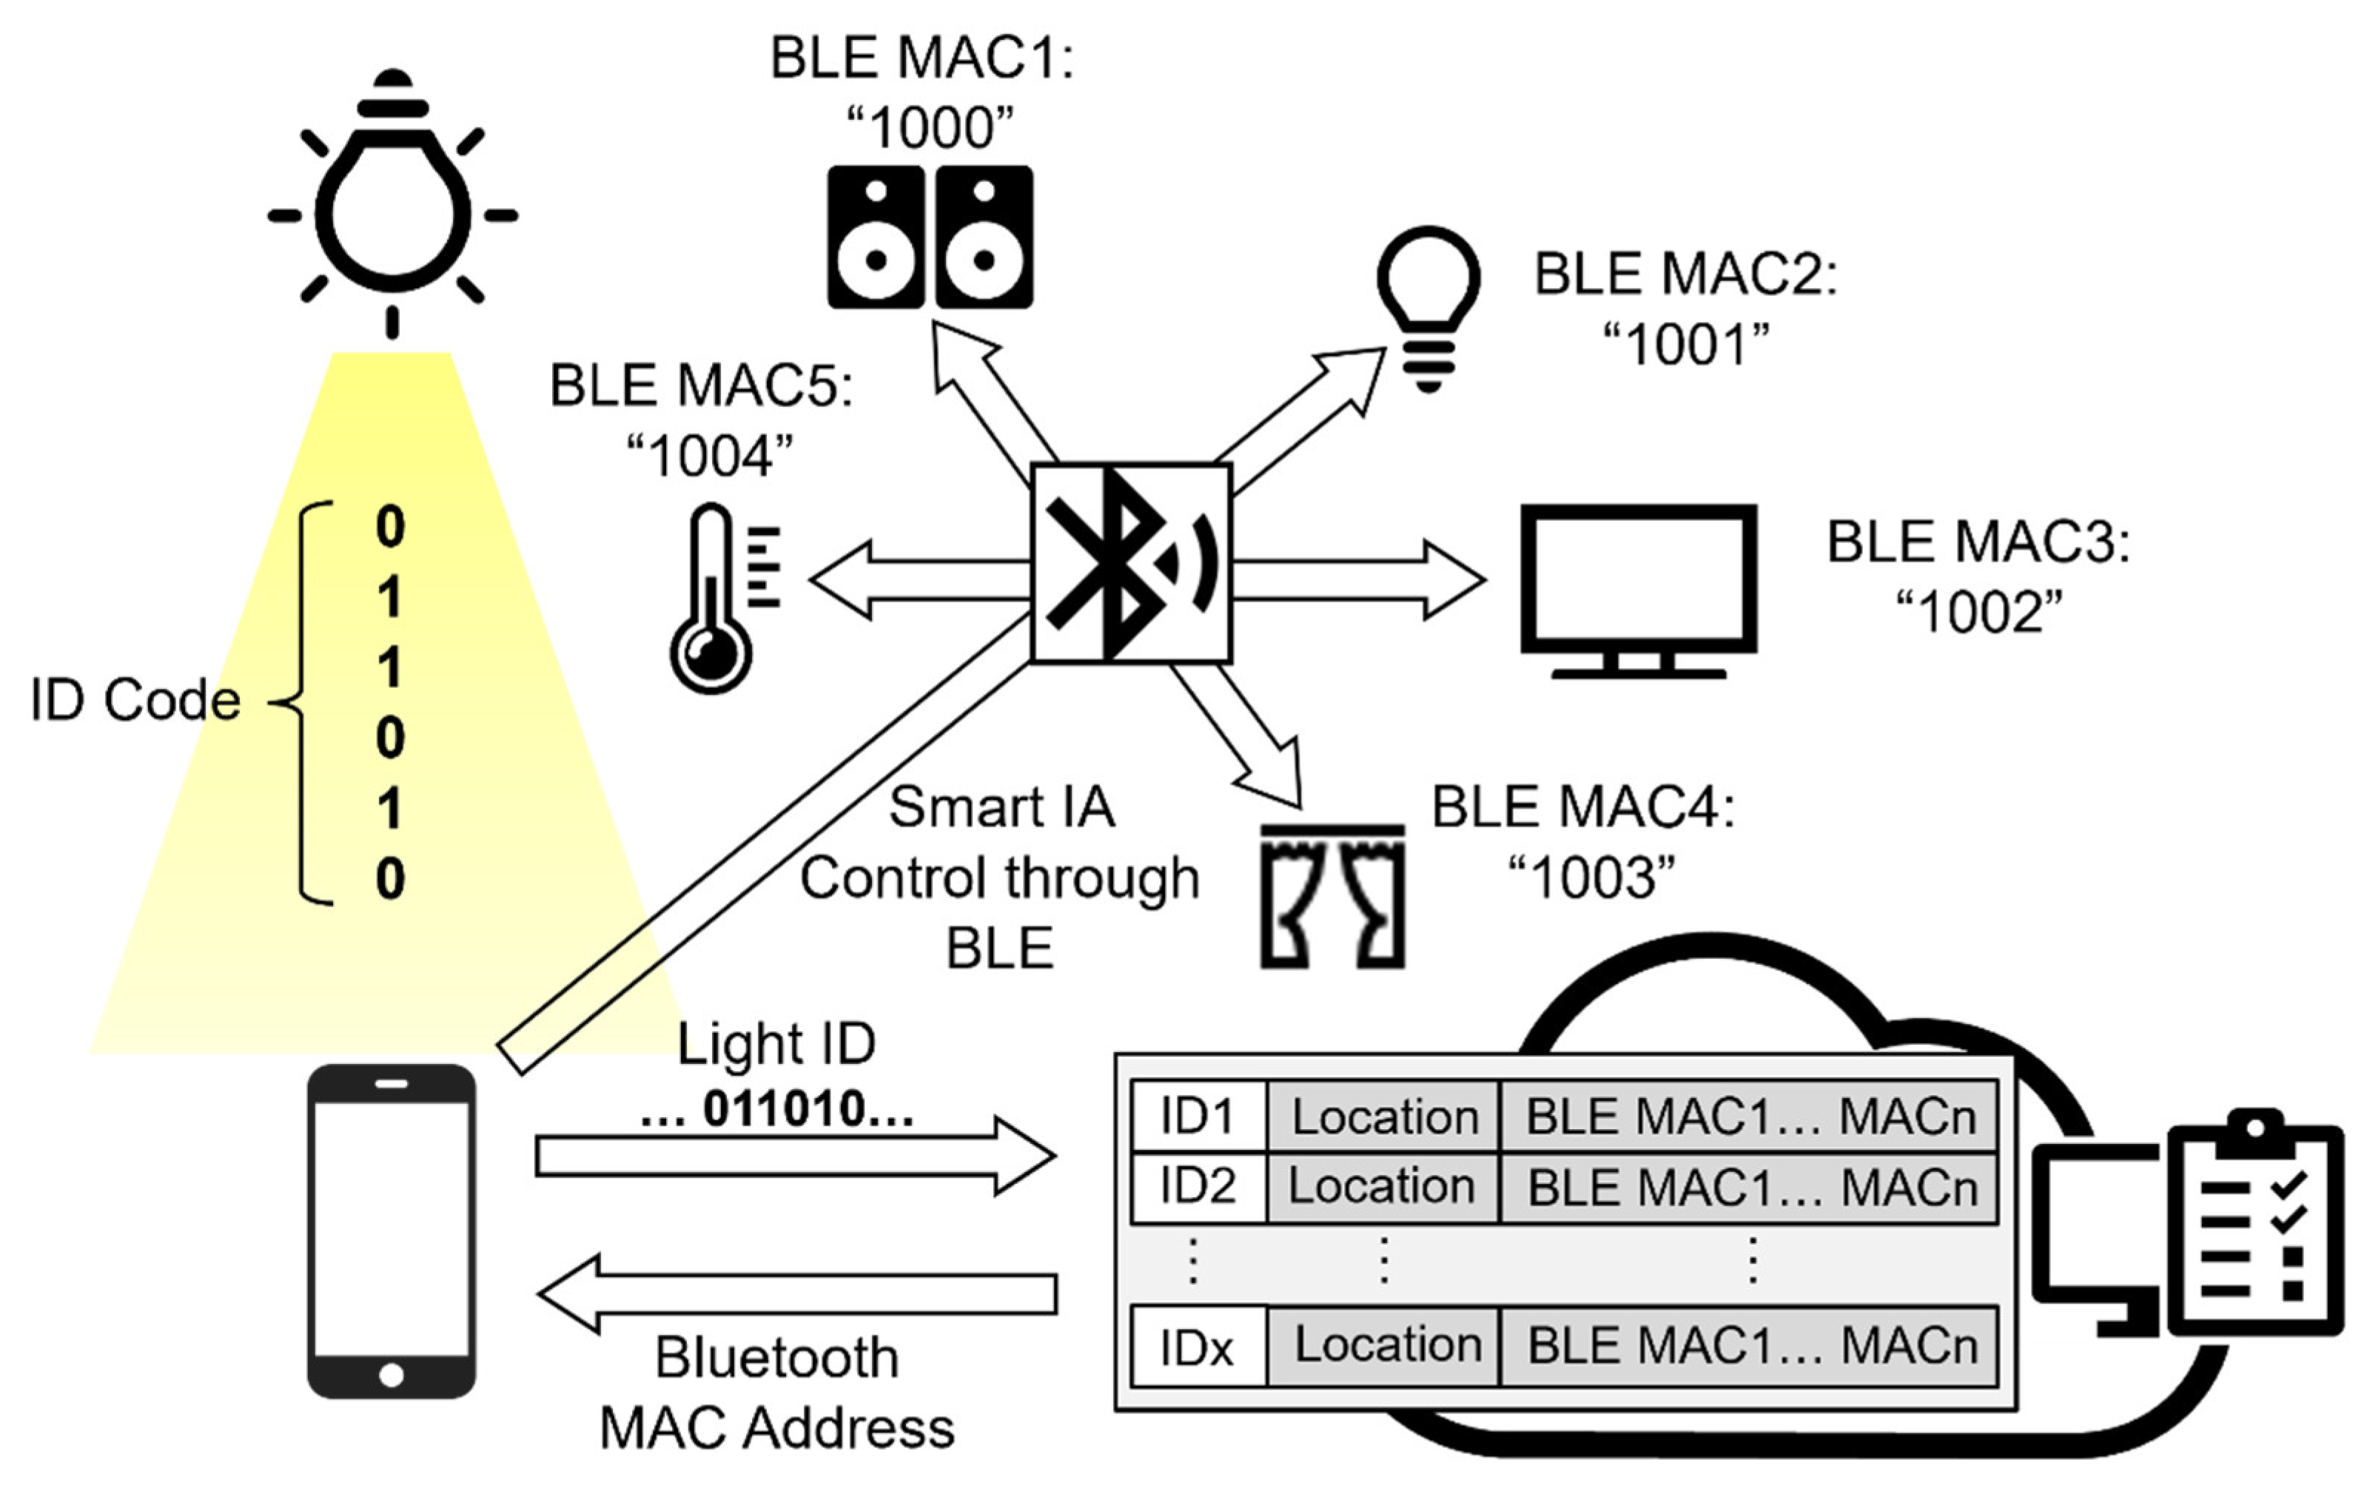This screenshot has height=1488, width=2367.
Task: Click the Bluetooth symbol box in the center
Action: (1130, 563)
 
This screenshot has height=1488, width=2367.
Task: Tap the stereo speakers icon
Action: (930, 237)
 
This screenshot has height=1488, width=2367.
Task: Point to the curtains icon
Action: (1332, 896)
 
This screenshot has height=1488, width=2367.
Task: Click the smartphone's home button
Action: (392, 1375)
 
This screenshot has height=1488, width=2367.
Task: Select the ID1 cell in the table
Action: (1198, 1117)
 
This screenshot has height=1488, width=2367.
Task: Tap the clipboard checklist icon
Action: (2255, 1228)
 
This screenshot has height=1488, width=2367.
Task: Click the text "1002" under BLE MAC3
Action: (1978, 613)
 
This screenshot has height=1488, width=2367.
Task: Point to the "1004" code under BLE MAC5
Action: (710, 457)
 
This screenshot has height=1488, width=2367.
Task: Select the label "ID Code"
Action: (135, 701)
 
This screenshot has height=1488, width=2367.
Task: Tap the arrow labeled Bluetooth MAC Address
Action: (796, 1294)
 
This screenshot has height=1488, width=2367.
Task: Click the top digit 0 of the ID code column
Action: (390, 527)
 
